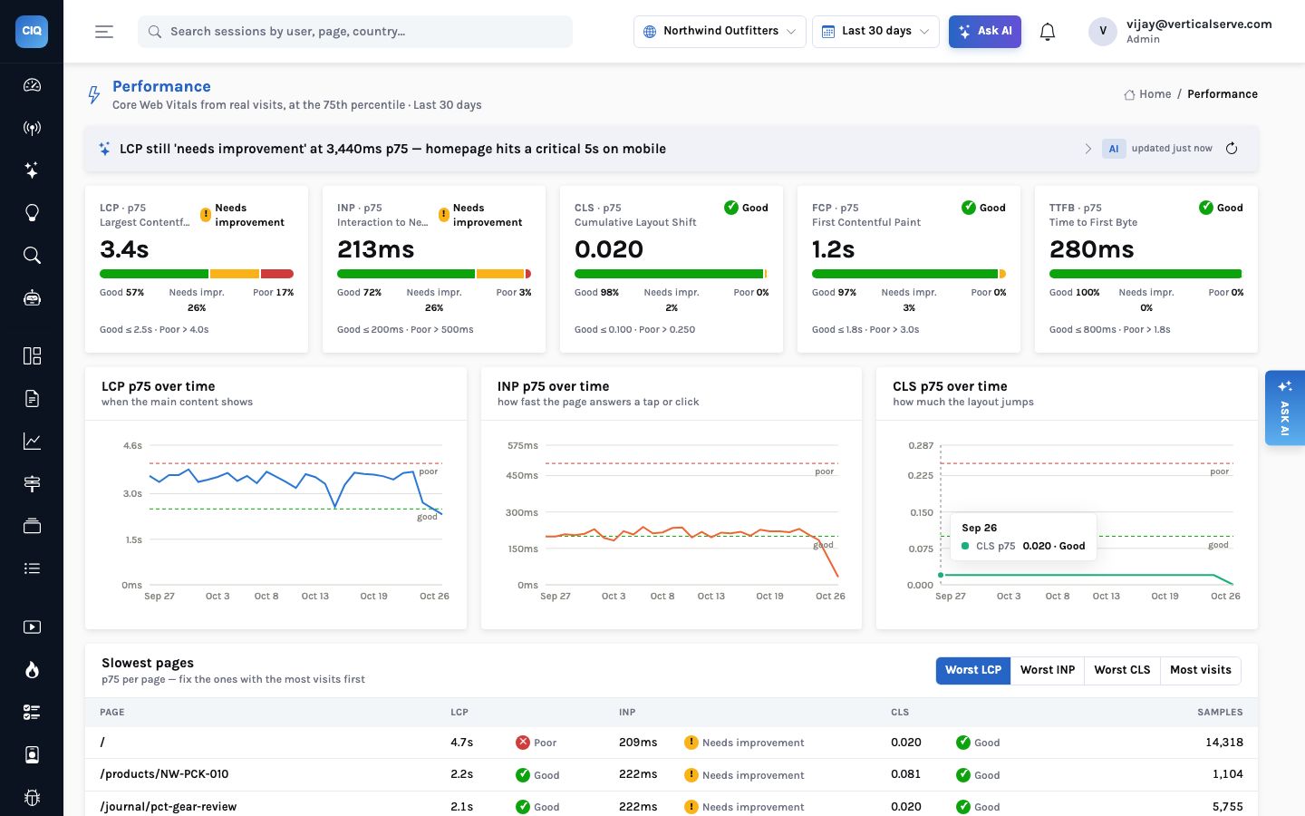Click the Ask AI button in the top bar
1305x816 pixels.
pyautogui.click(x=984, y=32)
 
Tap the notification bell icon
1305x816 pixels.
pyautogui.click(x=1048, y=32)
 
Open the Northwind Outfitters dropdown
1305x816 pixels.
pyautogui.click(x=720, y=32)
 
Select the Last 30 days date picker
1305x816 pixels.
pyautogui.click(x=875, y=32)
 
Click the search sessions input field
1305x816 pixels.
pyautogui.click(x=355, y=32)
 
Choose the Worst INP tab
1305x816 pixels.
pyautogui.click(x=1048, y=670)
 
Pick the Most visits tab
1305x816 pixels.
pyautogui.click(x=1201, y=670)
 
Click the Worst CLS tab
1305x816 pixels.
pyautogui.click(x=1122, y=670)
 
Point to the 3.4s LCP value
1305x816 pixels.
pyautogui.click(x=124, y=249)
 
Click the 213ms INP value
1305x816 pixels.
pyautogui.click(x=376, y=249)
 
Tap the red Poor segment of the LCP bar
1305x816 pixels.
pyautogui.click(x=276, y=274)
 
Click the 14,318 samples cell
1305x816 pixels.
pyautogui.click(x=1224, y=742)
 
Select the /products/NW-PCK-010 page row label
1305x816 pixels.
pyautogui.click(x=164, y=774)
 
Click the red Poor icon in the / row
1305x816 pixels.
pyautogui.click(x=523, y=742)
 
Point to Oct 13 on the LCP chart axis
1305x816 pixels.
pyautogui.click(x=314, y=596)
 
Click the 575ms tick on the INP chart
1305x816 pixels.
pyautogui.click(x=523, y=445)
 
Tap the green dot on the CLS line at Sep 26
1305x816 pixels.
pyautogui.click(x=941, y=575)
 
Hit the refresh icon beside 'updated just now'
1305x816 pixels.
pyautogui.click(x=1231, y=148)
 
